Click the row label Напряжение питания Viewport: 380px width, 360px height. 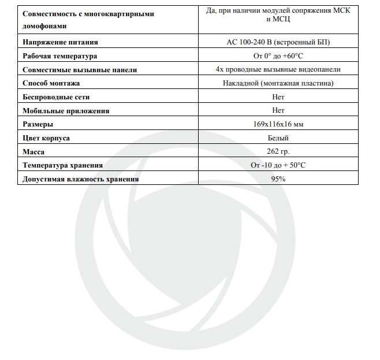[x=60, y=42]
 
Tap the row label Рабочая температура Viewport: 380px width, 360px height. [x=59, y=56]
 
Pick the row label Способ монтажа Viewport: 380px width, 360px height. [x=51, y=83]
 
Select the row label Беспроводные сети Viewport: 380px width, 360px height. [x=56, y=97]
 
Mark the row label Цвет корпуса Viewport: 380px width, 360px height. [x=46, y=138]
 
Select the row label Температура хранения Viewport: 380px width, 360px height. [x=62, y=165]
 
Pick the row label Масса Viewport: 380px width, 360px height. [x=33, y=151]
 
